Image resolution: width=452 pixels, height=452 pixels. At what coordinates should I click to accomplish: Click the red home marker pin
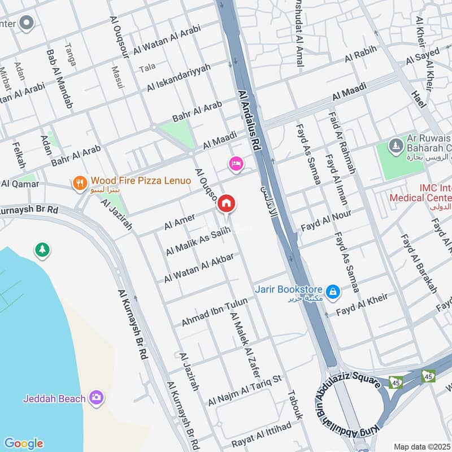tap(227, 203)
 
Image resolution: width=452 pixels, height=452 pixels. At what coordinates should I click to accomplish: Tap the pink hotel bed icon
tap(236, 164)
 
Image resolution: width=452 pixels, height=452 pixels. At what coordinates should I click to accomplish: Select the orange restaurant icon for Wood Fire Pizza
tap(80, 182)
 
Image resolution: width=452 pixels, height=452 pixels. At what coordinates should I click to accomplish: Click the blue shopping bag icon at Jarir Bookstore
tap(333, 292)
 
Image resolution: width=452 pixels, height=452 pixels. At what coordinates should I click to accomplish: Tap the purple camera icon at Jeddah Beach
tap(97, 398)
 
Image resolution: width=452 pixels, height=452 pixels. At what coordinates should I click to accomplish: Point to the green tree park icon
tap(42, 249)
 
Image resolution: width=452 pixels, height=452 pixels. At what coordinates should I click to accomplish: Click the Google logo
tap(23, 444)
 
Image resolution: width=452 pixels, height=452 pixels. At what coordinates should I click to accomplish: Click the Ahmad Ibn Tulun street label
tap(214, 312)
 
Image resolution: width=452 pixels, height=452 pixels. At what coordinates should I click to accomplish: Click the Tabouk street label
tap(295, 405)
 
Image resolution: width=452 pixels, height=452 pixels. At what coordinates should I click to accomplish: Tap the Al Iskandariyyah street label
tap(179, 78)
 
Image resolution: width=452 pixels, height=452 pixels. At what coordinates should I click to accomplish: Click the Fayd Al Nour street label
tap(325, 220)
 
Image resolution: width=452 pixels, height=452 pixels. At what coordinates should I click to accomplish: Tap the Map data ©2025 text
tap(421, 446)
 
